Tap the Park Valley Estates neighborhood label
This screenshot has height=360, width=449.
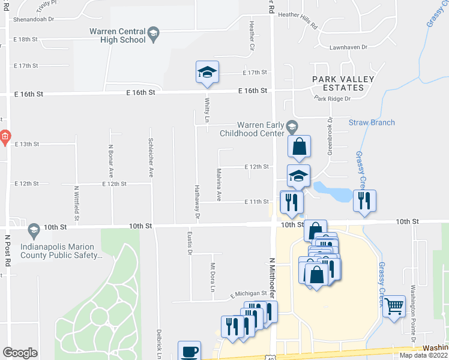coord(343,83)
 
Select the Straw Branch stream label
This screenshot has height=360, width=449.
coord(372,122)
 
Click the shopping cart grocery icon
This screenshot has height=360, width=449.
coord(394,307)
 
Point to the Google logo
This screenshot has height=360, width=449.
coord(20,353)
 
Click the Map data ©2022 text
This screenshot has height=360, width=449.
coord(423,355)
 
